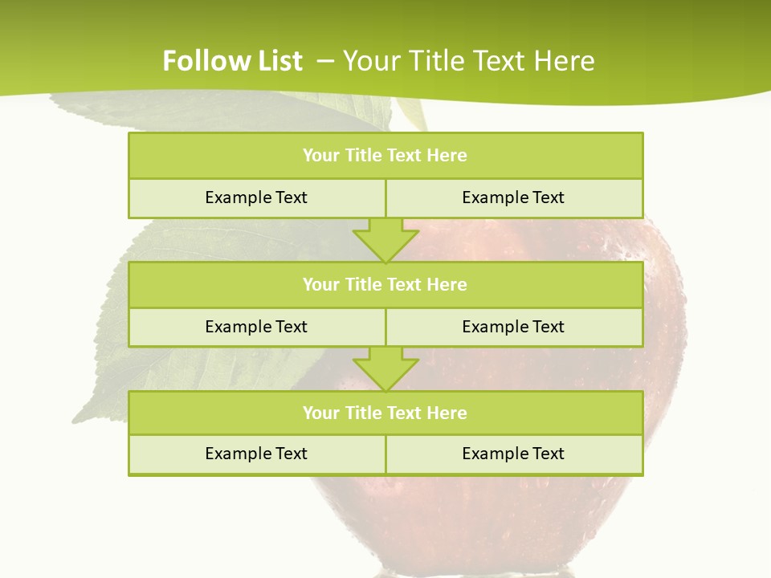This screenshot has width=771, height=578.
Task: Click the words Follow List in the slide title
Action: point(232,61)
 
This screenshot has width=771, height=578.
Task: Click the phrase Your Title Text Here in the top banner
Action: point(468,61)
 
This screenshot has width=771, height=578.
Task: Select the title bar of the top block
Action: point(385,156)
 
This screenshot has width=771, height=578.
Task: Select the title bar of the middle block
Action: point(385,285)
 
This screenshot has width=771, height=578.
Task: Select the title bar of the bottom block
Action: point(385,413)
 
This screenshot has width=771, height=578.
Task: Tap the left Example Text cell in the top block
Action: point(256,197)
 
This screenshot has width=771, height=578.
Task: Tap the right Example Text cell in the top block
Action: point(513,197)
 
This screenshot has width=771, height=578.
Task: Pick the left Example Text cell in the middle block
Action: point(256,327)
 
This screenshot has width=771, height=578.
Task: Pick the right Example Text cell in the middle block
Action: point(513,327)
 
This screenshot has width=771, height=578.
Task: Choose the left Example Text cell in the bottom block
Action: point(256,454)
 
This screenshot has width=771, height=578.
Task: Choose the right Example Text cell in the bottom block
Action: point(513,454)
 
